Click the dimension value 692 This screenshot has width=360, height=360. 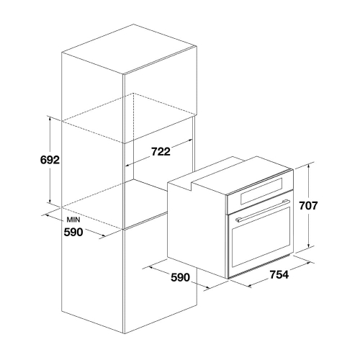pyautogui.click(x=50, y=160)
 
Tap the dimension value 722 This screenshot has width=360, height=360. pyautogui.click(x=161, y=151)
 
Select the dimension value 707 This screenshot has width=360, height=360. pyautogui.click(x=308, y=206)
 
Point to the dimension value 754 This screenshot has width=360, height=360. pyautogui.click(x=279, y=274)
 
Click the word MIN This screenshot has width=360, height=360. pyautogui.click(x=73, y=220)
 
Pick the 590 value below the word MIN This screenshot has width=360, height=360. pyautogui.click(x=73, y=232)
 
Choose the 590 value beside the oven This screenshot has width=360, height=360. pyautogui.click(x=180, y=277)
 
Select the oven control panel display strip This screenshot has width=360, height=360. pyautogui.click(x=261, y=191)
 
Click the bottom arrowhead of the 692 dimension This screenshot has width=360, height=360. pyautogui.click(x=50, y=201)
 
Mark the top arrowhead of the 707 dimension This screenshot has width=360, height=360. pyautogui.click(x=309, y=166)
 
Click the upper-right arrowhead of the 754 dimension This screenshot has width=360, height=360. pyautogui.click(x=307, y=264)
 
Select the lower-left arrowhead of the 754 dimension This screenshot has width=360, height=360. pyautogui.click(x=251, y=285)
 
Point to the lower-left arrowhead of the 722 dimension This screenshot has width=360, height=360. pyautogui.click(x=129, y=165)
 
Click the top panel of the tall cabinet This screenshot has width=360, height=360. pyautogui.click(x=130, y=49)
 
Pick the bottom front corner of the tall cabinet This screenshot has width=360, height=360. pyautogui.click(x=125, y=333)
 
